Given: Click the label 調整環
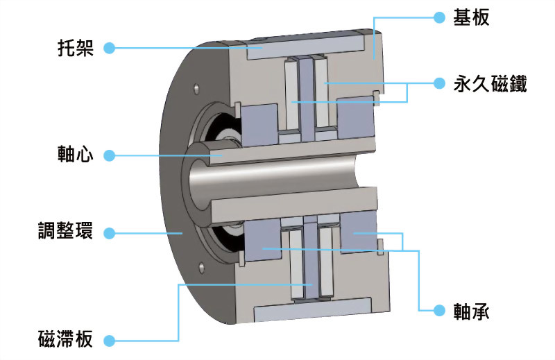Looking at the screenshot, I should pyautogui.click(x=65, y=232).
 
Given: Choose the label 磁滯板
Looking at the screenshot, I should pyautogui.click(x=65, y=341).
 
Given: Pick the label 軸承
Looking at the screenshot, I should pyautogui.click(x=472, y=311).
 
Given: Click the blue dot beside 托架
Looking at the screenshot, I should pyautogui.click(x=108, y=49).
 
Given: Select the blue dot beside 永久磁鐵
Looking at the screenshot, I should pyautogui.click(x=438, y=84).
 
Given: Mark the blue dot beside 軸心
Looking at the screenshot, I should pyautogui.click(x=108, y=154).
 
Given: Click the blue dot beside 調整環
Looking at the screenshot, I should pyautogui.click(x=108, y=232).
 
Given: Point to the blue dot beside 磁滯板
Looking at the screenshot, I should pyautogui.click(x=108, y=341).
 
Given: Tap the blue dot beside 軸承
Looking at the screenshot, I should pyautogui.click(x=438, y=310).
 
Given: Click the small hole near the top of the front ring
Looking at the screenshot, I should pyautogui.click(x=198, y=89).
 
